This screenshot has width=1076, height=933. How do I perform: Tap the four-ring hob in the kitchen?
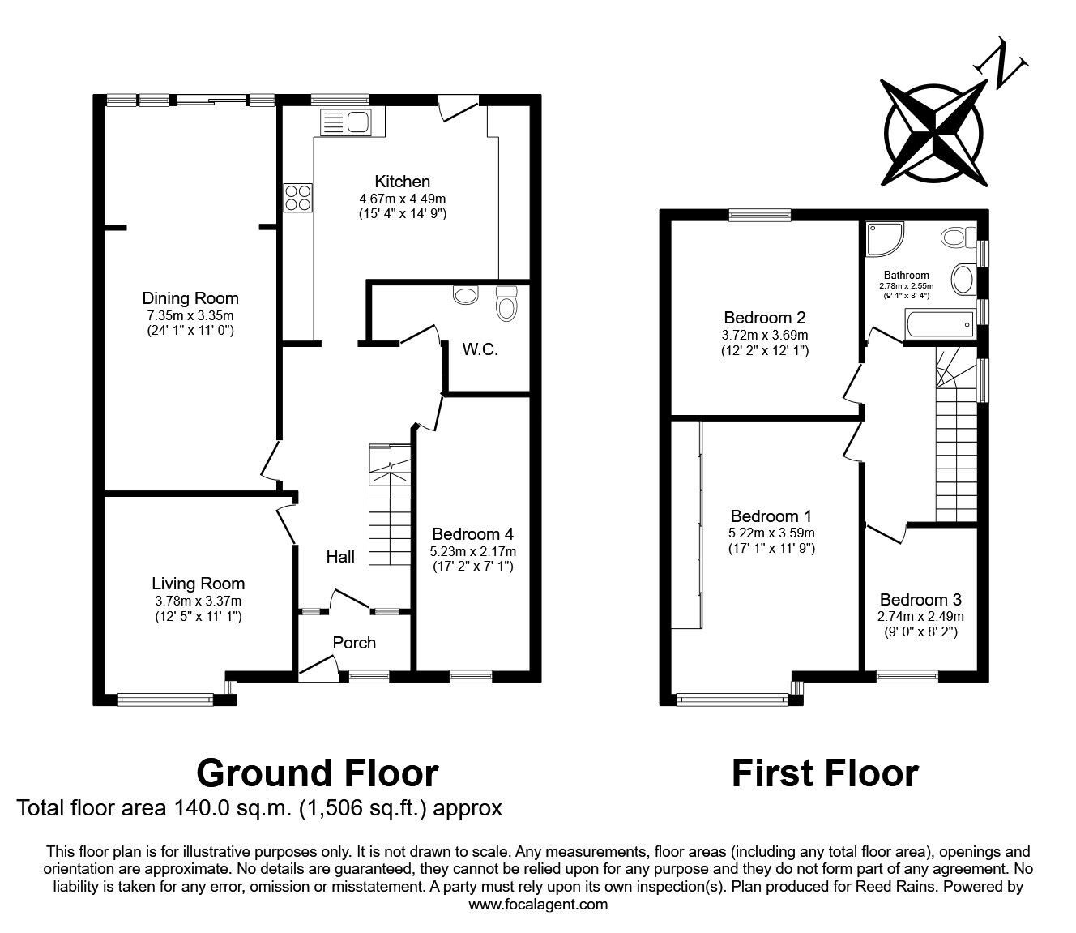coord(297,198)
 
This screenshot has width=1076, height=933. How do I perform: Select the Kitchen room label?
coord(402,182)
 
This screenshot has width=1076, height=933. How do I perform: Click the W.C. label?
coord(480,349)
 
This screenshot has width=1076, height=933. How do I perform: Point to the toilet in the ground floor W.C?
coord(506,304)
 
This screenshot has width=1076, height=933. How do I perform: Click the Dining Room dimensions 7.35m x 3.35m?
coord(190,315)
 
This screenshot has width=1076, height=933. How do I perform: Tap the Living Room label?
coord(198,584)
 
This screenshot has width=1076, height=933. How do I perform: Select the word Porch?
coord(354,643)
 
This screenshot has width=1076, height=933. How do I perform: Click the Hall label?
coord(340,557)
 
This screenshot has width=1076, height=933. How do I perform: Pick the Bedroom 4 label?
coord(472,534)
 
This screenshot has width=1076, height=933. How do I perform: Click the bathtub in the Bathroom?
coord(940,327)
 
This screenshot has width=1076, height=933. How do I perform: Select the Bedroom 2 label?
coord(764,317)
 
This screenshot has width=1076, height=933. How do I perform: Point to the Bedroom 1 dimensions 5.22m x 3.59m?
coord(771,533)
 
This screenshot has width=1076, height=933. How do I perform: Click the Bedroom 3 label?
coord(920,600)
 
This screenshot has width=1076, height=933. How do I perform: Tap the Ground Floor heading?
coord(317,773)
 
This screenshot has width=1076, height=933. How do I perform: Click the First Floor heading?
coord(824,773)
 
